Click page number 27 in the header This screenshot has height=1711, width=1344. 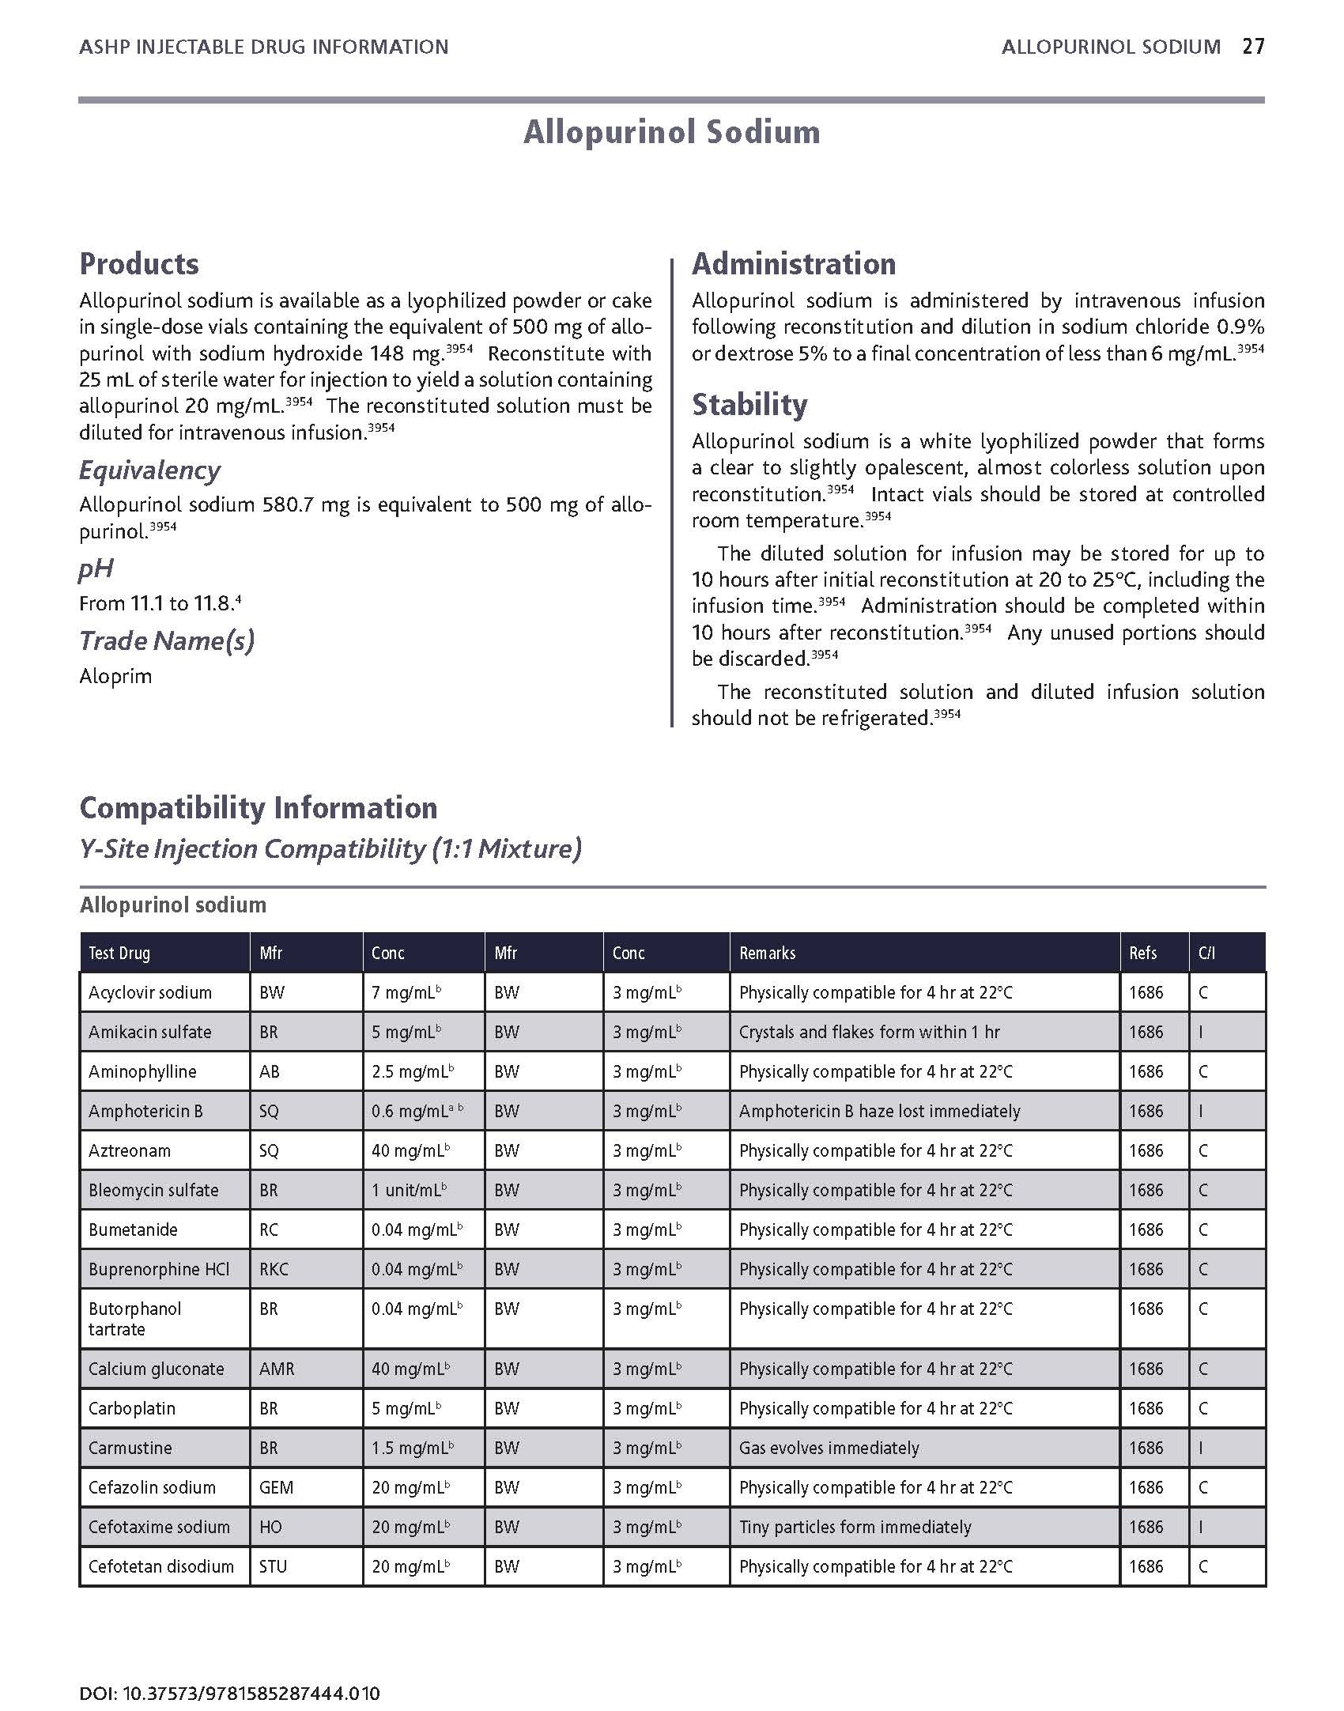click(x=1253, y=47)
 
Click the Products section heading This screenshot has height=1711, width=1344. click(x=139, y=263)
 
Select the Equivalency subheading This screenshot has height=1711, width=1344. click(x=149, y=470)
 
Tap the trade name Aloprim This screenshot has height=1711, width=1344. click(x=115, y=676)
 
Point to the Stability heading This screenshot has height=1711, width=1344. click(x=749, y=405)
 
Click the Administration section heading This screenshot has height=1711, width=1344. click(x=794, y=263)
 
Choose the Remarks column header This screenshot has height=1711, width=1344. click(x=767, y=953)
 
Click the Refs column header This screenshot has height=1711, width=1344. click(x=1142, y=953)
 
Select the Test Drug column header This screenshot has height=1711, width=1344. click(x=119, y=953)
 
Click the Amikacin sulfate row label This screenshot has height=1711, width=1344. click(x=150, y=1032)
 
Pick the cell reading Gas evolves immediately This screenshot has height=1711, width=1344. click(x=829, y=1448)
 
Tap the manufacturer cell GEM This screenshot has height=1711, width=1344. click(x=277, y=1487)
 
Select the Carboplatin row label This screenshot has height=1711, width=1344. click(x=132, y=1408)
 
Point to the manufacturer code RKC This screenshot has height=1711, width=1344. click(x=274, y=1269)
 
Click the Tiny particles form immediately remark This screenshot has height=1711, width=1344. click(x=855, y=1527)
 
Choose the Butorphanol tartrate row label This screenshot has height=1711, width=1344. click(x=134, y=1318)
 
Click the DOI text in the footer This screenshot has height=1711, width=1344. click(x=229, y=1671)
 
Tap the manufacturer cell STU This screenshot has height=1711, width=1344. click(x=274, y=1566)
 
